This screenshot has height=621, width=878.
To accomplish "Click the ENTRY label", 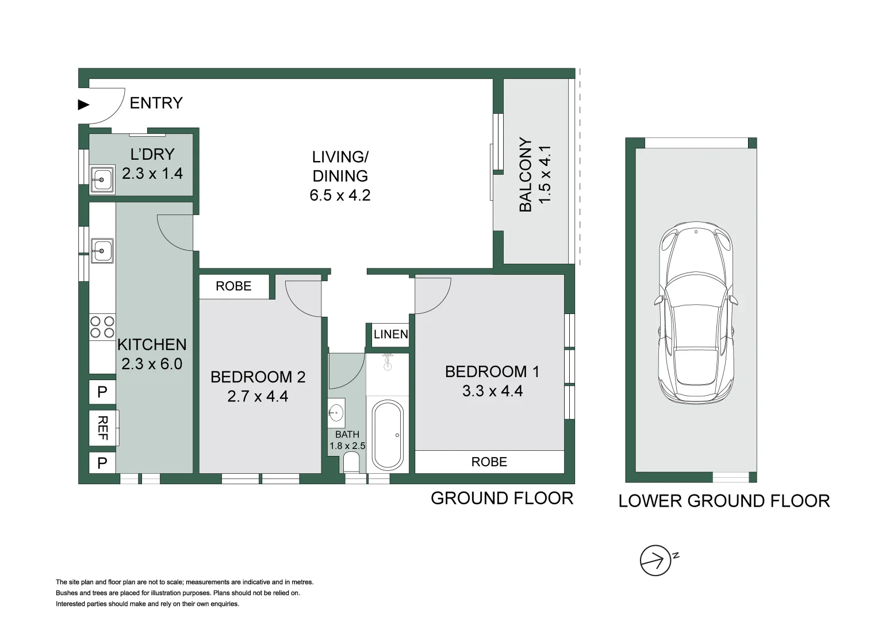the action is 156,103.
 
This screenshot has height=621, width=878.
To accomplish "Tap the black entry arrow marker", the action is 84,105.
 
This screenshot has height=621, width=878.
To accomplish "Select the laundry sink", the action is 102,179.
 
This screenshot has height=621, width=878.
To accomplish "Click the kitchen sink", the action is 102,251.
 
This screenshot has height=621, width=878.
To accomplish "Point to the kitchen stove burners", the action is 102,327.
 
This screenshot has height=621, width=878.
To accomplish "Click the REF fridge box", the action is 103,428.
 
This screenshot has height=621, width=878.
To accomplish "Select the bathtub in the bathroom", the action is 388,435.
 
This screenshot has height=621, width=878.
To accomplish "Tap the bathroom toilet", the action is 351,463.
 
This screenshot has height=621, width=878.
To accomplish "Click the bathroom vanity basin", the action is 336,413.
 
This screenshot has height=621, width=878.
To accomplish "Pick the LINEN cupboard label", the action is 391,335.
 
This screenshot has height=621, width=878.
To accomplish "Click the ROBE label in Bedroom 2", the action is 233,286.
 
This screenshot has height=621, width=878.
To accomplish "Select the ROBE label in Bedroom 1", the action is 489,462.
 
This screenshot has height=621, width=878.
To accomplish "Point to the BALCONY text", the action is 526,174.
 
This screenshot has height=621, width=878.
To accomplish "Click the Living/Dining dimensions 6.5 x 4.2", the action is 340,195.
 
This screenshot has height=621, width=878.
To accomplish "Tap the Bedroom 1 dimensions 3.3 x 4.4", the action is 492,391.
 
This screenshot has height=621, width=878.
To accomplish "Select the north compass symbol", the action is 657,561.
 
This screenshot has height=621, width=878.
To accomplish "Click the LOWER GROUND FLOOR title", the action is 724,501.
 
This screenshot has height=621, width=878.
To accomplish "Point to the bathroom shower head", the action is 388,362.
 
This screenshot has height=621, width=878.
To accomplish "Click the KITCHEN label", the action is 152,344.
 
